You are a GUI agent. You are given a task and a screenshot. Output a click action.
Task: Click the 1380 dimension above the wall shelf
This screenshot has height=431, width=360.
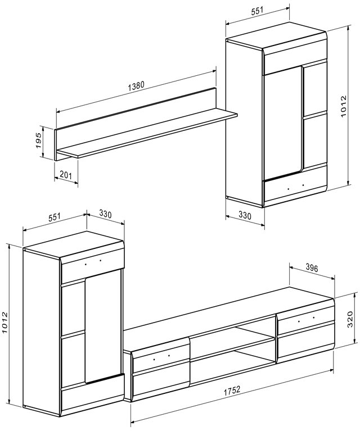(x=136, y=85)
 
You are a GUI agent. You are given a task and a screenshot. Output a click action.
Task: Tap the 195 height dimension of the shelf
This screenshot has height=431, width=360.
(x=39, y=140)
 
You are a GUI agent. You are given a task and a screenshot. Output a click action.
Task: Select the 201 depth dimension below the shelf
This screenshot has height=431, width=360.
(x=66, y=175)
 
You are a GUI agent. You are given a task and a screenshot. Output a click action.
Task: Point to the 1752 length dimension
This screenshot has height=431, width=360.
(x=232, y=391)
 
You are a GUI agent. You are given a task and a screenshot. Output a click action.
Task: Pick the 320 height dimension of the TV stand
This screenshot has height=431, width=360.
(x=350, y=319)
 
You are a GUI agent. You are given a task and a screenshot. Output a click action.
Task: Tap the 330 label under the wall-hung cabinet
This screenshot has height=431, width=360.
(x=245, y=215)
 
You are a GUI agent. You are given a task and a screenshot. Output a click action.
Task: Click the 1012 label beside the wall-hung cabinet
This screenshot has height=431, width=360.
(x=343, y=106)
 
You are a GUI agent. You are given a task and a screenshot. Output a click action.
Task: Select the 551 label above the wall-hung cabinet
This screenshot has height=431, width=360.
(x=257, y=11)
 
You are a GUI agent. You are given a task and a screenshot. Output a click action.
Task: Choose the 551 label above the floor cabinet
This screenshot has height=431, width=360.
(x=54, y=217)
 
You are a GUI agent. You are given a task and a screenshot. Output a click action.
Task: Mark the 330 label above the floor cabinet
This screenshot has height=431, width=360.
(x=105, y=214)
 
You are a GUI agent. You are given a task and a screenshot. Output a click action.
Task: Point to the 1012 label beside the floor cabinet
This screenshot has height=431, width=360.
(x=5, y=323)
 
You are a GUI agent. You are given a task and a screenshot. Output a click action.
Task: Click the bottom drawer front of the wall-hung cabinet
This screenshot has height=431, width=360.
(x=295, y=188)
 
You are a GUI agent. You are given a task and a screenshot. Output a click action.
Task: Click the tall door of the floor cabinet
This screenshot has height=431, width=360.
(x=103, y=327)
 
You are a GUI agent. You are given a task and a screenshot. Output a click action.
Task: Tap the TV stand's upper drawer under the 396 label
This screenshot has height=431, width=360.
(x=306, y=319)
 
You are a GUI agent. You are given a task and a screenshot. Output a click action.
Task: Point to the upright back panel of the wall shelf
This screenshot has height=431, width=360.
(x=136, y=110)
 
